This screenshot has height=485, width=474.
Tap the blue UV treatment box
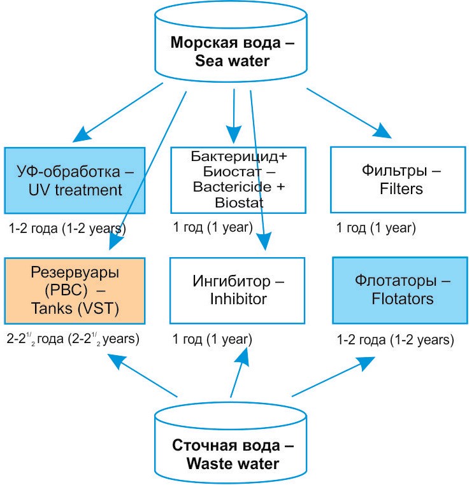tap(76, 179)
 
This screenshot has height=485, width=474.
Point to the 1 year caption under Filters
tap(376, 227)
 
